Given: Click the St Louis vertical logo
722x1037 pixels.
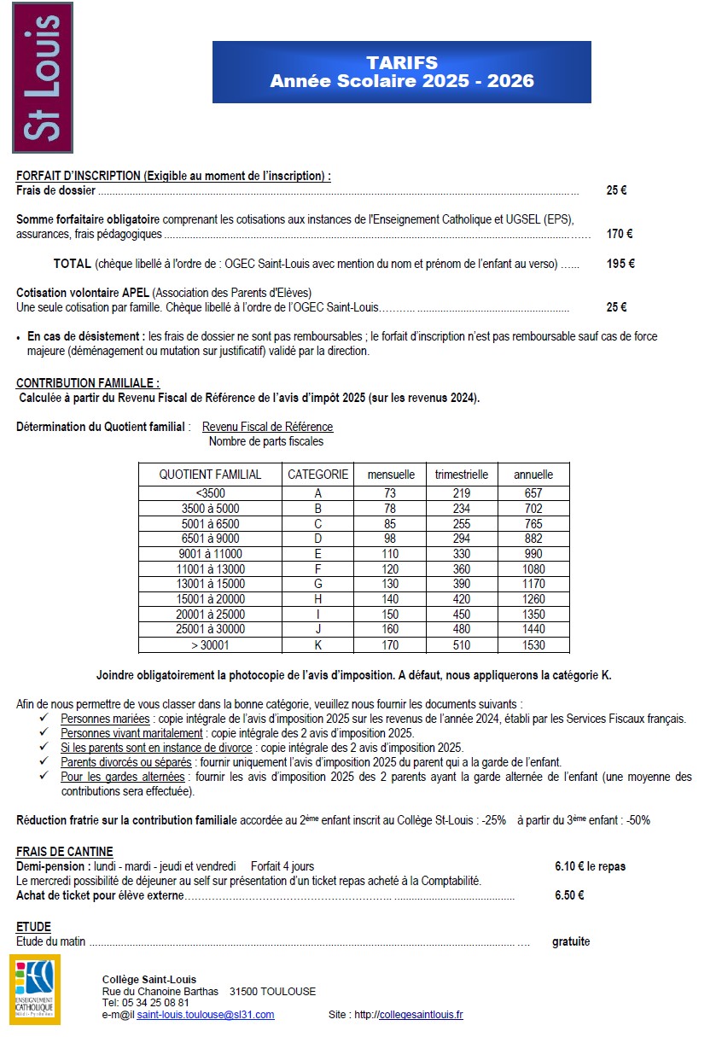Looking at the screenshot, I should click(x=42, y=78).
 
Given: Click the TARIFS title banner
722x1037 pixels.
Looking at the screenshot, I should click(x=401, y=73).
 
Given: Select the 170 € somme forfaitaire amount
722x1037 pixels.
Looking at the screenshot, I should click(x=619, y=234).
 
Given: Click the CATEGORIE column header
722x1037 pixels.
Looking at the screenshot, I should click(x=318, y=475).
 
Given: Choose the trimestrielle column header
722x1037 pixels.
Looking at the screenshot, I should click(x=462, y=475).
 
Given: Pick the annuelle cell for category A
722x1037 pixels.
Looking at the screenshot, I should click(x=533, y=493).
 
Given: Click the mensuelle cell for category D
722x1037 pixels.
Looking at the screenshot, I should click(x=391, y=539).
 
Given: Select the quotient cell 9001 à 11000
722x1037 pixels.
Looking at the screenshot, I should click(x=211, y=554).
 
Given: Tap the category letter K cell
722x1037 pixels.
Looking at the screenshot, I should click(x=318, y=645).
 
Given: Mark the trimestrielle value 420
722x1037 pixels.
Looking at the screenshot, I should click(x=462, y=599).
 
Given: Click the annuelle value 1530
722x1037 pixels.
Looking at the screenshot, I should click(x=533, y=645).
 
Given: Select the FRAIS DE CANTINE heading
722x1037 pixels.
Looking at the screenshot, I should click(x=65, y=852).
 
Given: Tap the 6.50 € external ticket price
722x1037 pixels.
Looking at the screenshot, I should click(x=569, y=895).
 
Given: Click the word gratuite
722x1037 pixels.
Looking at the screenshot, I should click(x=571, y=941).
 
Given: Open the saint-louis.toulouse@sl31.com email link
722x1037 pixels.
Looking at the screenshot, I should click(x=206, y=1015).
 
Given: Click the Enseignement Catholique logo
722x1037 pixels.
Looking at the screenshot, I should click(x=35, y=989).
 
